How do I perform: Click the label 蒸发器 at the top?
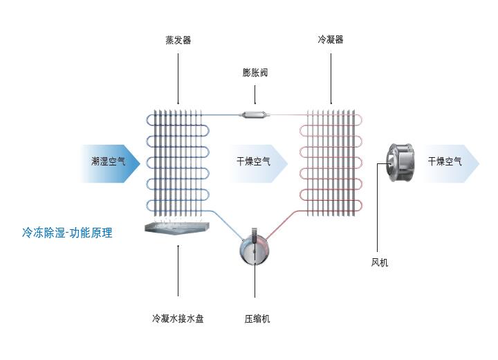(x=178, y=40)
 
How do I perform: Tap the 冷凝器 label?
(x=330, y=40)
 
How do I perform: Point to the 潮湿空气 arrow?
(x=110, y=163)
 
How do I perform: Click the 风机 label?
(x=380, y=262)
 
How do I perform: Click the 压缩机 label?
(x=257, y=319)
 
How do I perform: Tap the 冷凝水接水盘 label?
(x=178, y=319)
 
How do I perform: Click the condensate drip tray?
(x=178, y=227)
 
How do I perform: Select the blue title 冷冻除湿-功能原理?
(x=66, y=233)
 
